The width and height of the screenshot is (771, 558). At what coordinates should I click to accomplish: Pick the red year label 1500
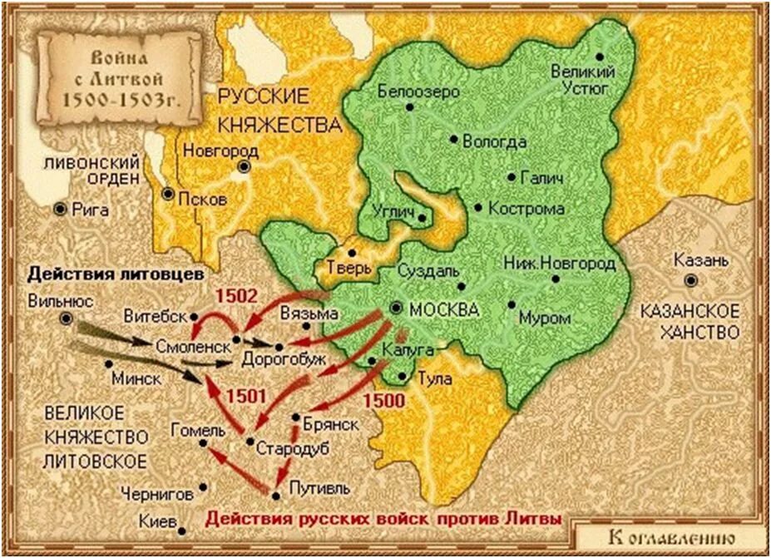pos(383,401)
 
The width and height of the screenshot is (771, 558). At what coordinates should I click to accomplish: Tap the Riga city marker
pos(60,210)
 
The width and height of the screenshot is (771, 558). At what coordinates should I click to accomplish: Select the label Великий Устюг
pos(581,80)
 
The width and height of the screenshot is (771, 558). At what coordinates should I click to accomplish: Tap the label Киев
pos(158,522)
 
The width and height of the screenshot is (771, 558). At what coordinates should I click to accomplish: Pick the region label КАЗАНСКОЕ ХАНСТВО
pos(689,322)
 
